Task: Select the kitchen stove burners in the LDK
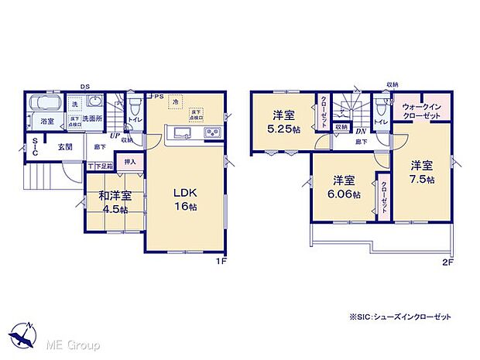tap(211, 134)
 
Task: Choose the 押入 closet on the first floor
tap(130, 163)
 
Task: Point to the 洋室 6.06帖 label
tap(343, 188)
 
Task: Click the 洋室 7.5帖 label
tap(422, 172)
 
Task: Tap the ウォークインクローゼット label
tap(421, 110)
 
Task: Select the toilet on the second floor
tap(380, 105)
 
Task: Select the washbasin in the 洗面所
tap(96, 105)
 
